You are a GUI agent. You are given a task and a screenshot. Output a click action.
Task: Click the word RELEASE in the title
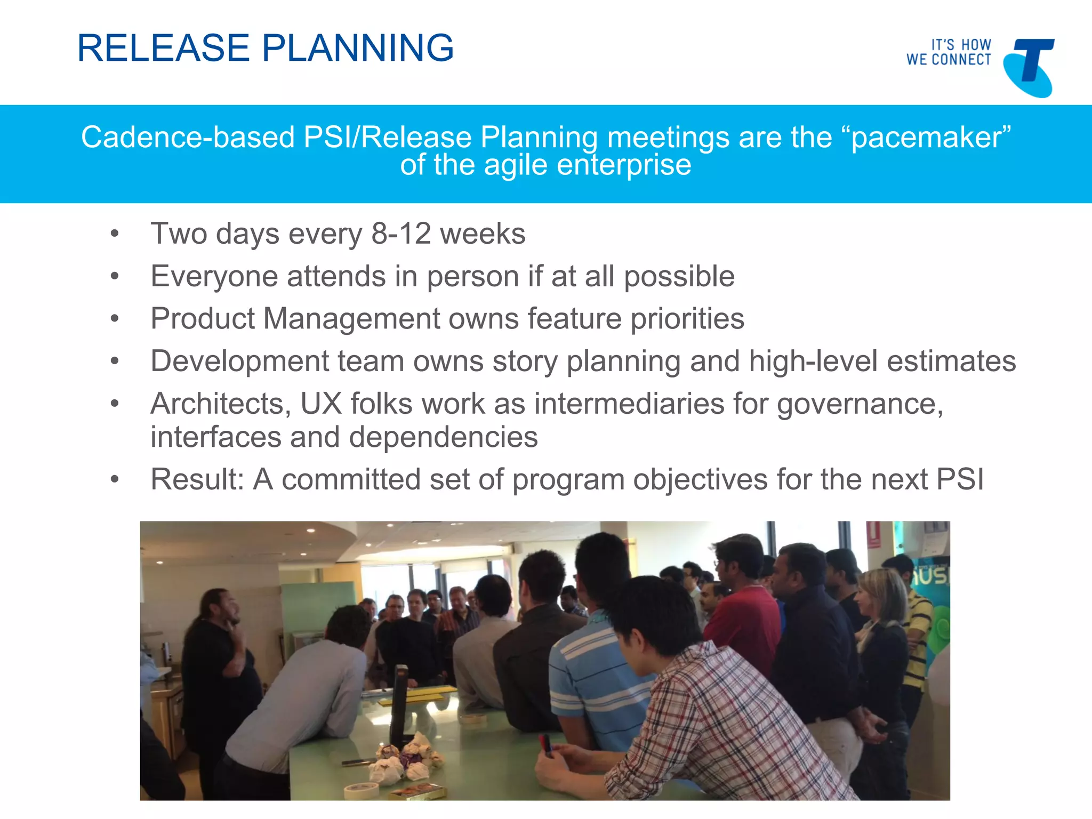pos(163,48)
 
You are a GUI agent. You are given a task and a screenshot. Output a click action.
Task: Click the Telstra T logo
pos(1029,67)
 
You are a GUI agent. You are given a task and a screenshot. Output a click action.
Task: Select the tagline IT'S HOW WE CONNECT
pos(949,52)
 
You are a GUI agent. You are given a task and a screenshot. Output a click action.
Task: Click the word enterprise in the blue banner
pos(624,165)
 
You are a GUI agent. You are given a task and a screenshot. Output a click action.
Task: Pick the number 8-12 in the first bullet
pos(401,234)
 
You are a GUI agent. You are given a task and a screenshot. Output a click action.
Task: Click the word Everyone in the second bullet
pos(214,276)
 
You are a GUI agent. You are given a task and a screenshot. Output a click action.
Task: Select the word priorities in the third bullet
pos(687,319)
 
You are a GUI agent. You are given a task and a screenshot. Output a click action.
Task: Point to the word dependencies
pos(443,437)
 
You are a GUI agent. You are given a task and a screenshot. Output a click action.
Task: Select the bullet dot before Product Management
pos(115,319)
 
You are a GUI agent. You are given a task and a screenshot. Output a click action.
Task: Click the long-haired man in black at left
pos(219,667)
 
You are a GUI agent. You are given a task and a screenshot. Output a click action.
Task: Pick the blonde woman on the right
pos(882,640)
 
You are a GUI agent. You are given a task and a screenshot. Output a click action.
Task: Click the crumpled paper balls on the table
pos(405,757)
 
